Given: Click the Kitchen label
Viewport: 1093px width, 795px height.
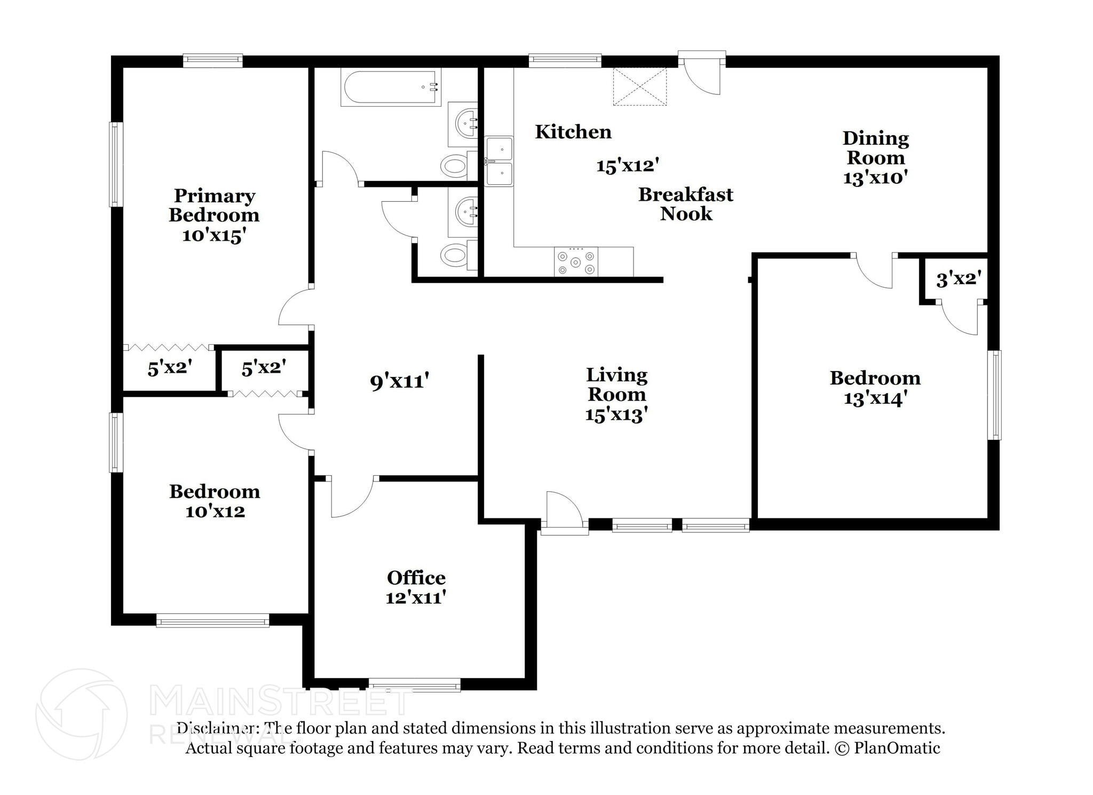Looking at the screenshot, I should pos(573,132).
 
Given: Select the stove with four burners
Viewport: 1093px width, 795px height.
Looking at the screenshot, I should pos(575,262).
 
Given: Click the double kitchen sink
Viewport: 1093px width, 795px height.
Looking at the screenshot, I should pos(498,161).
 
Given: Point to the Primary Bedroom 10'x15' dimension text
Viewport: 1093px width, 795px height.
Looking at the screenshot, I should pos(214,235).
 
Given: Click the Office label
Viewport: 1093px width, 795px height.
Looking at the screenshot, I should pos(416,578).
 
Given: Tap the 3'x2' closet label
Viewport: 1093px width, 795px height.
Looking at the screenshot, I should pos(959,279).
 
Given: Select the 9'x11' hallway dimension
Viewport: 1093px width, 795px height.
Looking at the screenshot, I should pos(399,381).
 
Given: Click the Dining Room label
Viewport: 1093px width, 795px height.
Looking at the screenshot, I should pos(875,148).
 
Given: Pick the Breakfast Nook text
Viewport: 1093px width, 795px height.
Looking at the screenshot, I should pos(685,204).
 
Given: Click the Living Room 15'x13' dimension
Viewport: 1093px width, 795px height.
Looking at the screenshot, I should pos(616,415).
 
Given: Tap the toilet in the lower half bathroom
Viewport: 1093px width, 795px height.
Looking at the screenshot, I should pos(455,255).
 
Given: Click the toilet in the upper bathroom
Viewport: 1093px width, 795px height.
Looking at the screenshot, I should pos(455,166).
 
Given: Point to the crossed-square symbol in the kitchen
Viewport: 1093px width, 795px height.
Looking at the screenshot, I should pos(639,86).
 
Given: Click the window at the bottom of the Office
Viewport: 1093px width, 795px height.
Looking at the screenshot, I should pos(414,684).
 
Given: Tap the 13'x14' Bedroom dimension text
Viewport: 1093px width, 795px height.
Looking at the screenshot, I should pos(875,399).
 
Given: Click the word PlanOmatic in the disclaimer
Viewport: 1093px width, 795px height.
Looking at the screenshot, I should pos(897,748).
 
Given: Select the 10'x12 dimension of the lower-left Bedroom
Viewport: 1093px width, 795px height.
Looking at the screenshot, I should pos(215,511).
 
